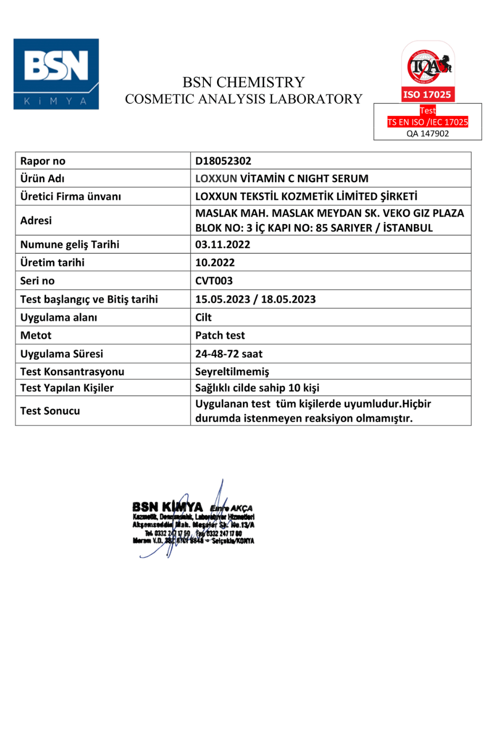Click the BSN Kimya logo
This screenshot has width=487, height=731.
coord(56,74)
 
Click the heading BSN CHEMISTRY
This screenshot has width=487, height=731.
coord(243,82)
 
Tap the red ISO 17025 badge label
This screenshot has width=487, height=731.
coord(427,95)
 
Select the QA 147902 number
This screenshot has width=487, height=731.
coord(428,133)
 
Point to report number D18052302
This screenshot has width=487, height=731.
coord(223,161)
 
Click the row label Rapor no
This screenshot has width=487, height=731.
coord(43,161)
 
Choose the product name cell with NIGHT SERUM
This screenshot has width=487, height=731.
coord(282,179)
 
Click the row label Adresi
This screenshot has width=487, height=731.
coord(36,220)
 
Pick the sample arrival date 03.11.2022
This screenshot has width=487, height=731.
coord(223,244)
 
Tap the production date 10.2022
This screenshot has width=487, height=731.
coord(215,262)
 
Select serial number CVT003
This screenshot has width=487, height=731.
coord(214,281)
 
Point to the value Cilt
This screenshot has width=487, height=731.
coord(203,317)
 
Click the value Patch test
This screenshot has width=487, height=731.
coord(220,335)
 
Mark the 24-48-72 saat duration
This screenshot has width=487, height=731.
coord(229,354)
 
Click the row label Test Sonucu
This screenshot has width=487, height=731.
coord(50,411)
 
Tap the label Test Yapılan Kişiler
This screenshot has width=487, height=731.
coord(67,388)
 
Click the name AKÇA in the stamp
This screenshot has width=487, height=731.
coord(241,509)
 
